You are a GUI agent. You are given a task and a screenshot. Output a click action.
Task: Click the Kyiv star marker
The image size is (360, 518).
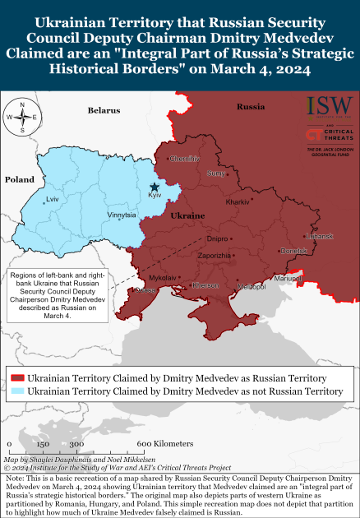tap(155, 187)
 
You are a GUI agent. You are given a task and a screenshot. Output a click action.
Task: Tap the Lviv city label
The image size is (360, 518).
tap(53, 200)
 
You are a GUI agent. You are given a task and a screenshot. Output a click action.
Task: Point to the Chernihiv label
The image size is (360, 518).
tap(186, 159)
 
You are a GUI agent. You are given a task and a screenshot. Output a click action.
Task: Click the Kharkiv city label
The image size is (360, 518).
tap(238, 201)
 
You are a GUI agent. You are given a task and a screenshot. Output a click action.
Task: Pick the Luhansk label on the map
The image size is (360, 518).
tap(319, 237)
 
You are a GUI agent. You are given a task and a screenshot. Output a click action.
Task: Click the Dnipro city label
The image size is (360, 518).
tap(218, 239)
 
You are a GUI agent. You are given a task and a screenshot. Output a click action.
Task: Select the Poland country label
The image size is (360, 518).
tap(19, 179)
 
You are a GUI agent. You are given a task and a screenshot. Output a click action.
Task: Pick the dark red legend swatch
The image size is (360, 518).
tap(16, 377)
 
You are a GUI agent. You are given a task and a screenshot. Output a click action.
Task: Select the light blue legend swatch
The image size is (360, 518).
tap(16, 391)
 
